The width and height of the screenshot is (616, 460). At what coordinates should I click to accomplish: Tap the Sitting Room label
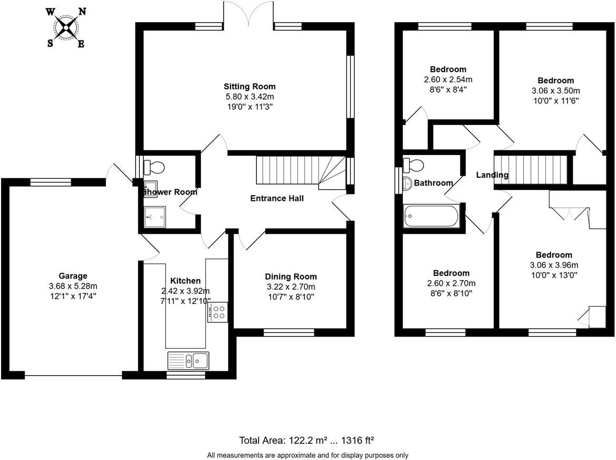pos(249,87)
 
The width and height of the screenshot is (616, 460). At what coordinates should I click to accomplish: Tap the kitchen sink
pos(188,361)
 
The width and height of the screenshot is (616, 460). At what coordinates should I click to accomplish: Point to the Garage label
pos(73,276)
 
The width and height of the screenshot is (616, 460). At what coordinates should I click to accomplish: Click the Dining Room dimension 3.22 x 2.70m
pos(291,287)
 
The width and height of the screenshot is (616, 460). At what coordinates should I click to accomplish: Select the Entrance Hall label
pos(277,198)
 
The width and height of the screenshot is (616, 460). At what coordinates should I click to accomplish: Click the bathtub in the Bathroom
pos(431,216)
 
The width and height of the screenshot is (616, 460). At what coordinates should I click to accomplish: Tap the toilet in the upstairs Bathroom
pos(413,165)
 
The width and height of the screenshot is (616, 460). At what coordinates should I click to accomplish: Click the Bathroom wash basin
pos(407,183)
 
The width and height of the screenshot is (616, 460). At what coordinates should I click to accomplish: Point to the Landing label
pos(492,175)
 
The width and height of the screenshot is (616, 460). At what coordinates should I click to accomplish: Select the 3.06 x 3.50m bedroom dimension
pos(555,90)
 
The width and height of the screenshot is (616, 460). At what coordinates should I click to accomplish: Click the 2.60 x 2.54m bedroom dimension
pos(448,80)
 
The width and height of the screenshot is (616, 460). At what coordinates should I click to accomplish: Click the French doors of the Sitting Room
pos(248,13)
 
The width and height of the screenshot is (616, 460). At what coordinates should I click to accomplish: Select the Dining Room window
pos(288,332)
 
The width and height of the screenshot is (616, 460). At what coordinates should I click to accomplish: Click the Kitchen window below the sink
pos(186,375)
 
